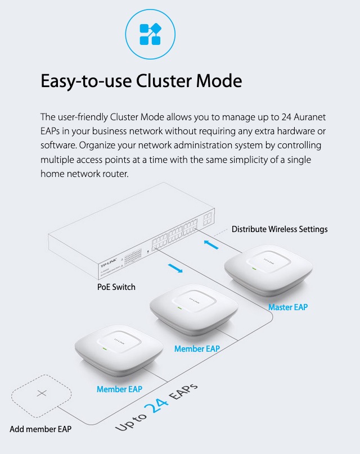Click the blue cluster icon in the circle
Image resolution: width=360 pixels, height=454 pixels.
point(150,34)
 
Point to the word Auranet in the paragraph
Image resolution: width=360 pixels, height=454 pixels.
point(309,117)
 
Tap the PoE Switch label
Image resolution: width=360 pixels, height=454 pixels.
point(116,287)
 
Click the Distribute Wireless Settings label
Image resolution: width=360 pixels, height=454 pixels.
point(280,229)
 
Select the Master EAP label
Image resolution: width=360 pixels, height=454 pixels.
point(288,307)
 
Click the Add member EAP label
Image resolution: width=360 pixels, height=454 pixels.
point(40,429)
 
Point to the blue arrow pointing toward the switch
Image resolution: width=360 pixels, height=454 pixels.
point(211,244)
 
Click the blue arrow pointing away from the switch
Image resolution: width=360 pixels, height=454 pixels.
point(175,268)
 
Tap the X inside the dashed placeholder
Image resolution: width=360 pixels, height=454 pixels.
point(42,393)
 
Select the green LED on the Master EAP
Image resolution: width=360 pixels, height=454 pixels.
point(254,269)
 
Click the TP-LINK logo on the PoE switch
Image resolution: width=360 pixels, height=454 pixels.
point(109,263)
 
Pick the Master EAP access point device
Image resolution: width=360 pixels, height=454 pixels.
point(268,270)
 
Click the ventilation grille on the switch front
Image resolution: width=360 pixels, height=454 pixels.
point(133,257)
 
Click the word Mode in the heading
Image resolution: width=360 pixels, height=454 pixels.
point(219,81)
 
